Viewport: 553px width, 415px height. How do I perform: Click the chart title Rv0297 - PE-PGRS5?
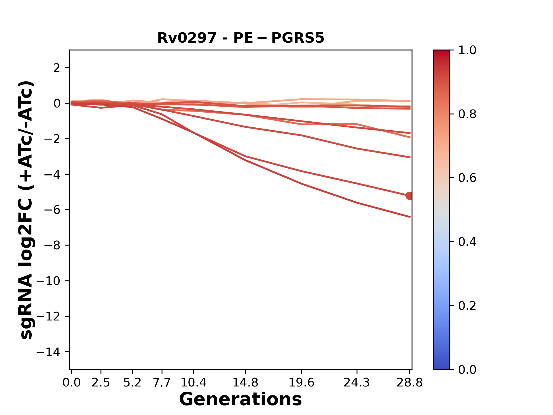click(x=241, y=38)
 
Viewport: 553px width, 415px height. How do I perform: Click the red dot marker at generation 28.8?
click(x=409, y=196)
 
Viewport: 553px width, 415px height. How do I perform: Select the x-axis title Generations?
click(x=240, y=399)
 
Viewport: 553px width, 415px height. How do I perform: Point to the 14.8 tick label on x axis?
click(x=245, y=383)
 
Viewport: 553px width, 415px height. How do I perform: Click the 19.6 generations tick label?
click(x=301, y=383)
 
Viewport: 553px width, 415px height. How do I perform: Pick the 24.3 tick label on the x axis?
click(x=357, y=383)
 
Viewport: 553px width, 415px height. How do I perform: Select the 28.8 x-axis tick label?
click(x=410, y=383)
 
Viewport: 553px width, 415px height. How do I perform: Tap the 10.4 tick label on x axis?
click(x=193, y=383)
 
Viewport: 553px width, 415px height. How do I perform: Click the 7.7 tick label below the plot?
click(x=162, y=383)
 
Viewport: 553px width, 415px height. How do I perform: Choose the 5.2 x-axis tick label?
click(x=132, y=383)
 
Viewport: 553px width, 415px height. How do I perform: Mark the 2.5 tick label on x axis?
click(x=101, y=383)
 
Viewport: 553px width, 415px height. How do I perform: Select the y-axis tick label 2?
click(x=57, y=68)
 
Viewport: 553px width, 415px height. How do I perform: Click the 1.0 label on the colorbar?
click(x=467, y=50)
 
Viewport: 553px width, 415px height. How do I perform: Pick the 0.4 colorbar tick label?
click(x=467, y=242)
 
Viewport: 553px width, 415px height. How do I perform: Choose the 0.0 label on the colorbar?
click(x=467, y=369)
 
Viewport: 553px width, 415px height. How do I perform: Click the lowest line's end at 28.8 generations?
click(x=410, y=217)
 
